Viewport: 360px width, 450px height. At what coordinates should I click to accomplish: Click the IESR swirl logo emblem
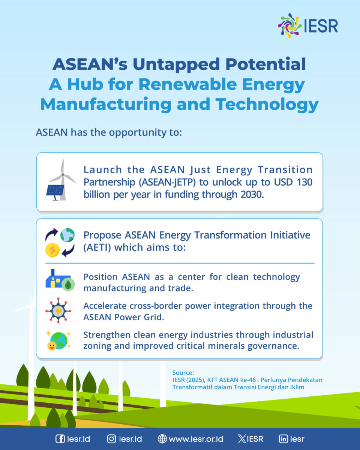pyautogui.click(x=290, y=26)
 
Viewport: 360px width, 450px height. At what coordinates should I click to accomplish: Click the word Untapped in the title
pyautogui.click(x=176, y=64)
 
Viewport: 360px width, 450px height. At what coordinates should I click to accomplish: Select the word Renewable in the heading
pyautogui.click(x=187, y=84)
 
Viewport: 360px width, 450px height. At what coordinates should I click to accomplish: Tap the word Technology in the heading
pyautogui.click(x=267, y=105)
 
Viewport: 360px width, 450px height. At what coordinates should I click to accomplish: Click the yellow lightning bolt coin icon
pyautogui.click(x=52, y=250)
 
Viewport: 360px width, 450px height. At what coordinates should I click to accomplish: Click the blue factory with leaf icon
pyautogui.click(x=60, y=280)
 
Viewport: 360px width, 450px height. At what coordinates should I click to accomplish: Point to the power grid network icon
pyautogui.click(x=58, y=311)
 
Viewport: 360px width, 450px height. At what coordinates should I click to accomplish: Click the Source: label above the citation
pyautogui.click(x=183, y=372)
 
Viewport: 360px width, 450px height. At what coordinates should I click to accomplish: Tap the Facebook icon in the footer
pyautogui.click(x=60, y=439)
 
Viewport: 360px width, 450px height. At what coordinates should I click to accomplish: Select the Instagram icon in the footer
pyautogui.click(x=111, y=439)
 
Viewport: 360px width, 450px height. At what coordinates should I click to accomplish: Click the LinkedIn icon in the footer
pyautogui.click(x=283, y=439)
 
